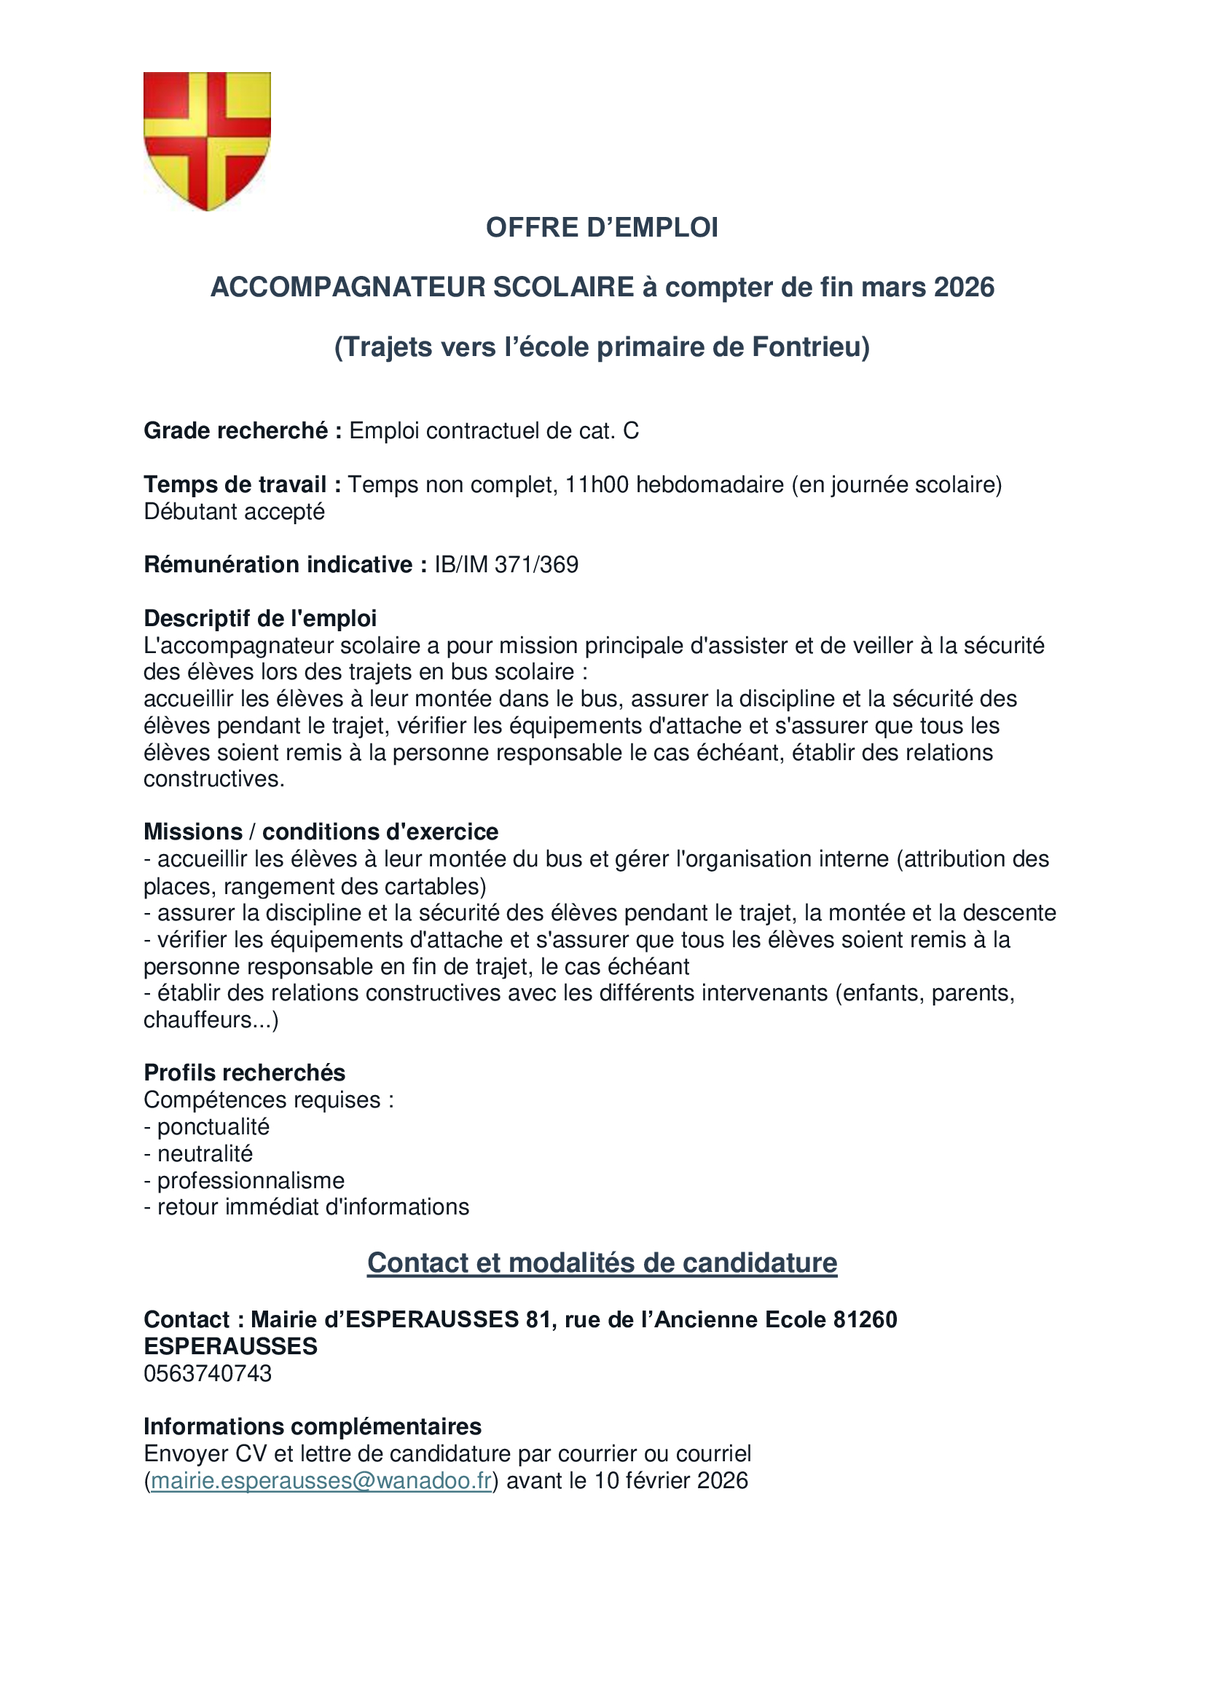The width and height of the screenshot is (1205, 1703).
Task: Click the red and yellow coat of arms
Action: pos(207,141)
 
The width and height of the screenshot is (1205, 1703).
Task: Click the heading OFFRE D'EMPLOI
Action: pos(602,228)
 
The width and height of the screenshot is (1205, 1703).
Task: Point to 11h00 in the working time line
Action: pos(597,485)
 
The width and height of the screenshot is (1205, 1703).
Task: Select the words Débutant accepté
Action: pos(235,512)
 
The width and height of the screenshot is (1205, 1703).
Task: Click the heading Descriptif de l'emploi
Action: pos(259,619)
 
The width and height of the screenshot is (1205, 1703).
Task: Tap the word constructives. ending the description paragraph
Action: pos(213,780)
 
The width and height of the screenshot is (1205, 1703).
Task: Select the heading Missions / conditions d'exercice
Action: pos(321,832)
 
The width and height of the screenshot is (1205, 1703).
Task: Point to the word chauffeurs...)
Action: pos(211,1021)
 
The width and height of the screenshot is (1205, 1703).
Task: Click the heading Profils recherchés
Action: pos(244,1073)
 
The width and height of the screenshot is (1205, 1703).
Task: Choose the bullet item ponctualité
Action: pos(213,1127)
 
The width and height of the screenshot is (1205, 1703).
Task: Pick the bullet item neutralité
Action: pos(205,1154)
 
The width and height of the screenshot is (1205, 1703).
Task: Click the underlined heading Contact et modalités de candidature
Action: pos(602,1263)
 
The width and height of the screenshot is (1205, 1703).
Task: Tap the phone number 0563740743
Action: pos(208,1374)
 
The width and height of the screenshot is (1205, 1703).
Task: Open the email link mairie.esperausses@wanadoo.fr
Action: pos(321,1481)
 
